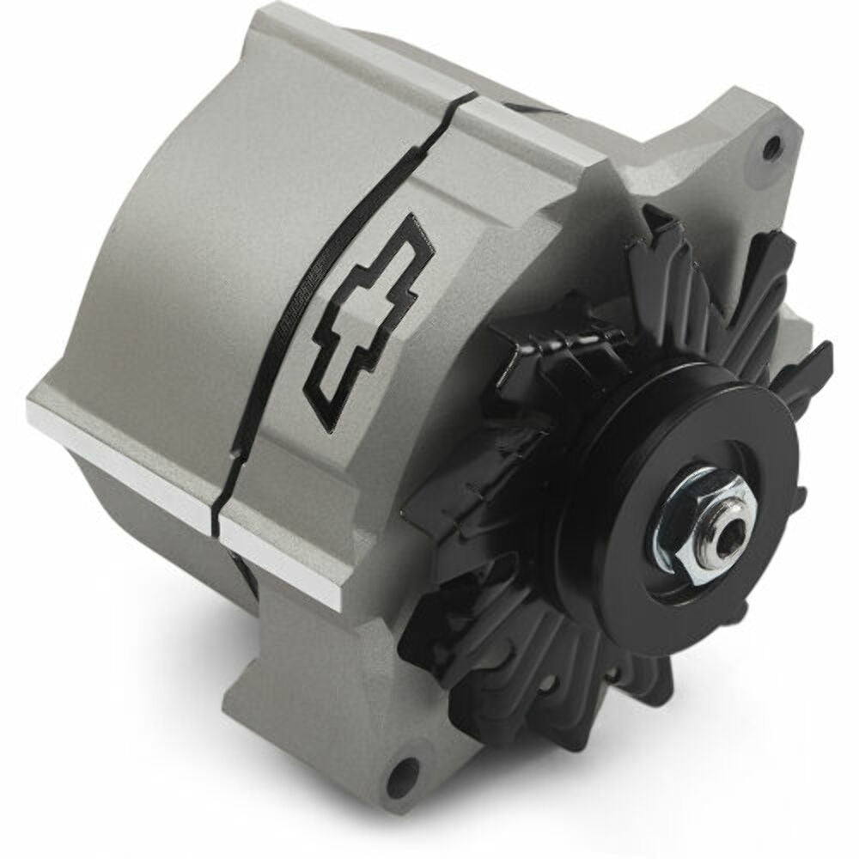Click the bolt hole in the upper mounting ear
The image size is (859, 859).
pos(771,143)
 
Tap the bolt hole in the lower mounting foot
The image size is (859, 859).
pos(402,778)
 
